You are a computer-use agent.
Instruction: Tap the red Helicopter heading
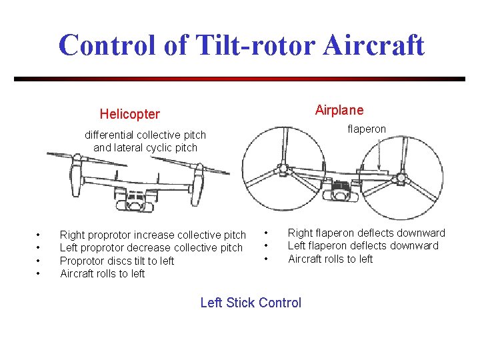129,114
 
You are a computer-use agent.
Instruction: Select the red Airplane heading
339,110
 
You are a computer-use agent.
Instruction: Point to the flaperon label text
366,129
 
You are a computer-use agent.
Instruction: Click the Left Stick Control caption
251,303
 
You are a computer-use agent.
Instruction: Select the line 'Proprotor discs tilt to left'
117,261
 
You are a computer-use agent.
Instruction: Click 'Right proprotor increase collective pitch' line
153,235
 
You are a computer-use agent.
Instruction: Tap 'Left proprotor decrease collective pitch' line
151,247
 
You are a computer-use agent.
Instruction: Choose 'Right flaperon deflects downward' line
366,233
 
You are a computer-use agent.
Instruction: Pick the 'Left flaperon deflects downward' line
363,245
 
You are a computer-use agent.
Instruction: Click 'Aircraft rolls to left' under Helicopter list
102,273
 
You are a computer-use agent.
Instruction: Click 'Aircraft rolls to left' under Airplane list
330,259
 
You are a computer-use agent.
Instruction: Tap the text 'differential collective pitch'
145,135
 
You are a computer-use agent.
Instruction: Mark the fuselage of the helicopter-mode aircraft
137,197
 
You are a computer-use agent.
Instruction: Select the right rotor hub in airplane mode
401,178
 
